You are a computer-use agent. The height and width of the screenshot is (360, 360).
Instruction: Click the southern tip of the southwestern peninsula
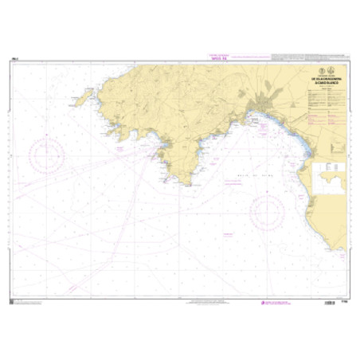pos(187,182)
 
